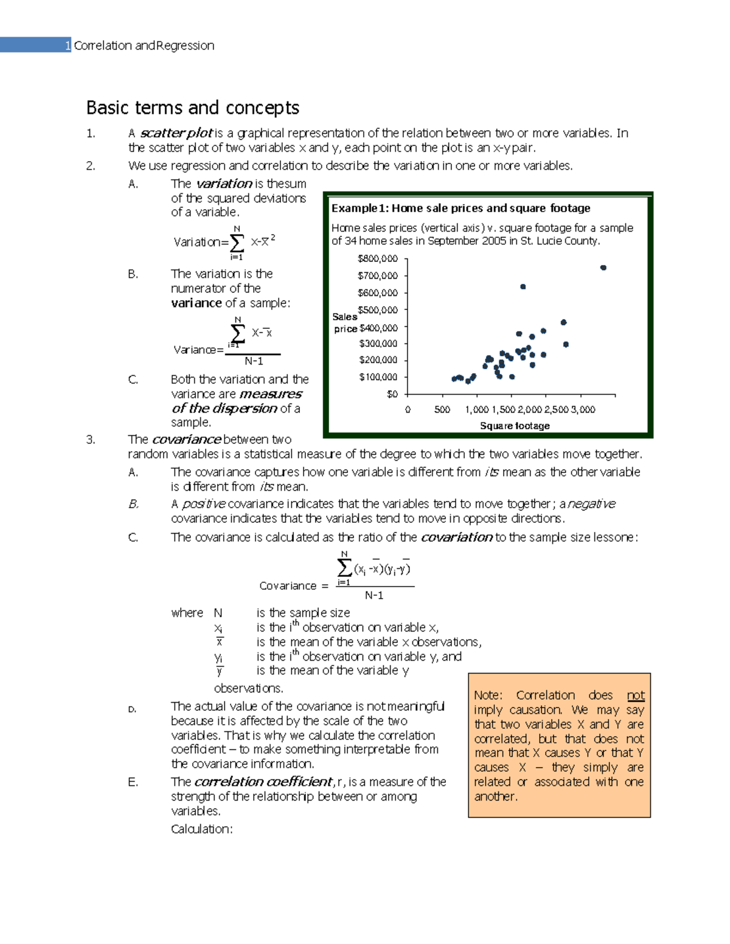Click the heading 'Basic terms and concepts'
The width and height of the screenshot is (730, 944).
click(x=192, y=108)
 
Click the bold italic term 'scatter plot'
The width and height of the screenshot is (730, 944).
click(x=176, y=133)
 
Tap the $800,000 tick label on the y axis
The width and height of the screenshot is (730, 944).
click(x=377, y=258)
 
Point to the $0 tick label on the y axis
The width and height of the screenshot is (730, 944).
click(x=392, y=394)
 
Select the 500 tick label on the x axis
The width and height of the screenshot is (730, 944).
click(x=442, y=410)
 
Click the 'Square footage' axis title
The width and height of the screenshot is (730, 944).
click(x=515, y=426)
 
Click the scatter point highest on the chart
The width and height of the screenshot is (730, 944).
click(x=603, y=267)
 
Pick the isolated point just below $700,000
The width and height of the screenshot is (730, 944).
click(x=523, y=286)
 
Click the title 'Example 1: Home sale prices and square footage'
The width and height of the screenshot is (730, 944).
click(x=461, y=208)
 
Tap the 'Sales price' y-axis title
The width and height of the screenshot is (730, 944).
click(x=345, y=323)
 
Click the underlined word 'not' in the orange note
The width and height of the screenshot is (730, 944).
click(x=636, y=695)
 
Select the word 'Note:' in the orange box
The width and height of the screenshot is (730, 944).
click(x=488, y=695)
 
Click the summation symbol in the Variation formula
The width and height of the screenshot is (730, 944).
click(x=237, y=242)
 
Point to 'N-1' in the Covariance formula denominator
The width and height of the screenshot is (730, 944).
click(x=374, y=596)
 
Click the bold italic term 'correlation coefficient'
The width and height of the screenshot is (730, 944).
click(x=263, y=782)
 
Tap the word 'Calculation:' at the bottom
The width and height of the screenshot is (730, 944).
click(x=201, y=829)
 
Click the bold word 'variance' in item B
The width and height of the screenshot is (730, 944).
click(x=196, y=303)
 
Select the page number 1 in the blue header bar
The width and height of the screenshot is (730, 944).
click(x=68, y=46)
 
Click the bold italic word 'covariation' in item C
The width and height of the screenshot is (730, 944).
click(x=456, y=537)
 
